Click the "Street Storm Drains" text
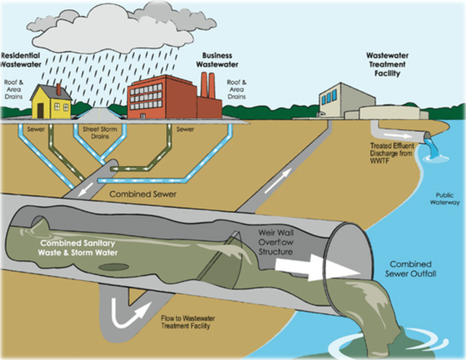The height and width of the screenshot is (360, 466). [100, 132]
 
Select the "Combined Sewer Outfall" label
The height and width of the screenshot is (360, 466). [410, 268]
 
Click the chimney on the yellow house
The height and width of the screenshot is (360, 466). [59, 89]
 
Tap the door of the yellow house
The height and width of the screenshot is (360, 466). [40, 110]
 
